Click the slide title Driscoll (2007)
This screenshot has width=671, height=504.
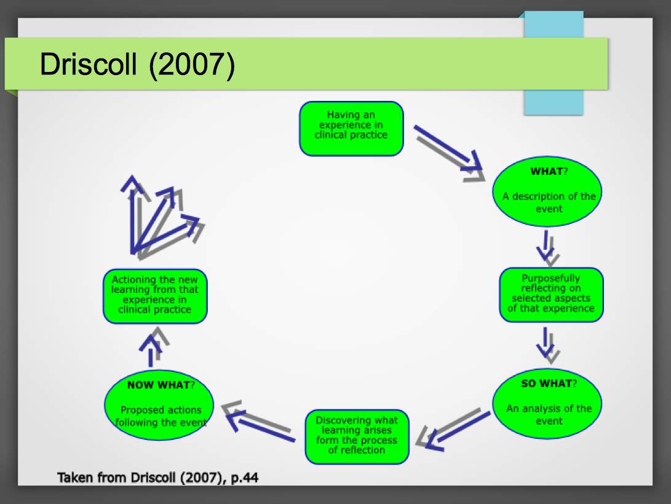point(137,64)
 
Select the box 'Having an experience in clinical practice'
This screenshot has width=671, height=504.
point(351,129)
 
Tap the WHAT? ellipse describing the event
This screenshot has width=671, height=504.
point(547,191)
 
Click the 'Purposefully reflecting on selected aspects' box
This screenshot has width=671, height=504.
point(551,295)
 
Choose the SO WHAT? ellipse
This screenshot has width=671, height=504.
point(547,403)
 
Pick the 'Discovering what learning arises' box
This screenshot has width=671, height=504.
point(357,436)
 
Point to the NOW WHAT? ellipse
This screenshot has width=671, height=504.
point(159,405)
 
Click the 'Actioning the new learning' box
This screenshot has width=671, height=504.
point(155,296)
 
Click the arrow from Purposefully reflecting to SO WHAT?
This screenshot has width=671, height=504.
point(547,345)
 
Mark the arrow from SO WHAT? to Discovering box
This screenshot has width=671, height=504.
point(454,429)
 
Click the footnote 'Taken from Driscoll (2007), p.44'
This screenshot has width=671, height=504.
point(158,478)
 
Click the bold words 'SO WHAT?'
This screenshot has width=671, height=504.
point(549,383)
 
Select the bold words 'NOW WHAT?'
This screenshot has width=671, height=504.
point(161,385)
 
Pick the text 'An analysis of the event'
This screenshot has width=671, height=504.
point(549,415)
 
